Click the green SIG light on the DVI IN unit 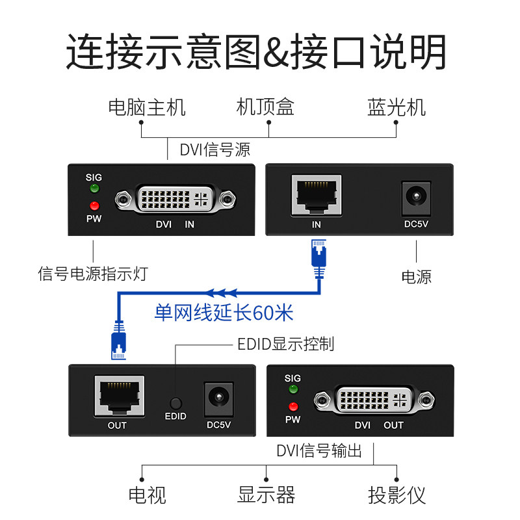coord(94,189)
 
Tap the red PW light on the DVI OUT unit coord(293,407)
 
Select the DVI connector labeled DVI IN coord(175,200)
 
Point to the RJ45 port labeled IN coord(316,194)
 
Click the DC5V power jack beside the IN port coord(415,197)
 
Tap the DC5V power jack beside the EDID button coord(218,397)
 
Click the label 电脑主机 coord(147,107)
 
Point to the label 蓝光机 coord(396,107)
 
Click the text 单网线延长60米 coord(224,313)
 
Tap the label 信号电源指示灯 coord(93,274)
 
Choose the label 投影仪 coord(396,495)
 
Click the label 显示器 coord(266,495)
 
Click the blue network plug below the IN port coord(318,253)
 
